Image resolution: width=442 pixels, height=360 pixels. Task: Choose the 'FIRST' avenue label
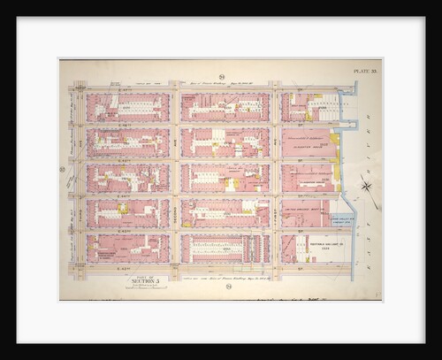275,177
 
